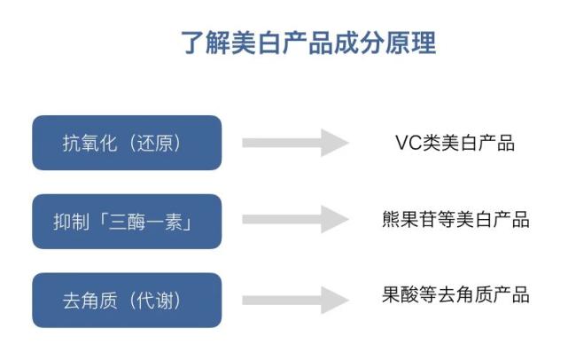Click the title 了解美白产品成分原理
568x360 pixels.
point(308,43)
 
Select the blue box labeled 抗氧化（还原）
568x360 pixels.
point(127,143)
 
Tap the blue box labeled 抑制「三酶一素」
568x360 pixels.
point(127,221)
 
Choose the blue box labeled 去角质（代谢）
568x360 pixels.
point(127,300)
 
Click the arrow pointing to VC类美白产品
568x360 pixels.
point(295,143)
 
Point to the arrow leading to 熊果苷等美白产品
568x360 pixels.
point(295,219)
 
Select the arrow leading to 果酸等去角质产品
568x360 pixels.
point(295,299)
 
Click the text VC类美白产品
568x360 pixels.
point(455,143)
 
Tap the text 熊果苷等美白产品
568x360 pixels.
point(453,219)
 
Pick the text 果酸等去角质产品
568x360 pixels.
point(453,295)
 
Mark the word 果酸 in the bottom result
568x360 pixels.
point(390,295)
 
